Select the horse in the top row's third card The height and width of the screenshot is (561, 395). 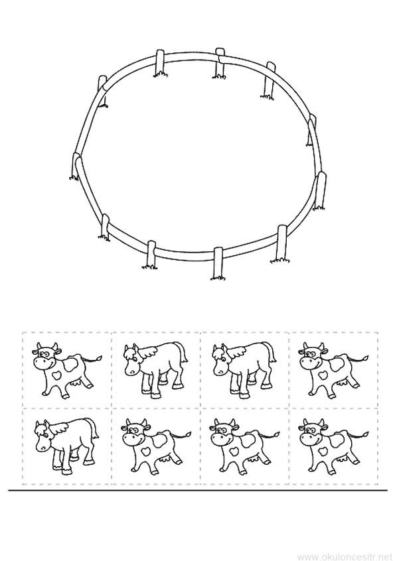pyautogui.click(x=244, y=369)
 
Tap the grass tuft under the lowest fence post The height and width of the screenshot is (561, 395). pyautogui.click(x=218, y=277)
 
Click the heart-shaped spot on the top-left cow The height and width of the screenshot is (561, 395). pyautogui.click(x=56, y=375)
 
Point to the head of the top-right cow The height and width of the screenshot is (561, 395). pyautogui.click(x=312, y=355)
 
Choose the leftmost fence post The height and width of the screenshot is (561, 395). pyautogui.click(x=76, y=166)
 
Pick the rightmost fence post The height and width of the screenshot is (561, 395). pyautogui.click(x=321, y=190)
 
